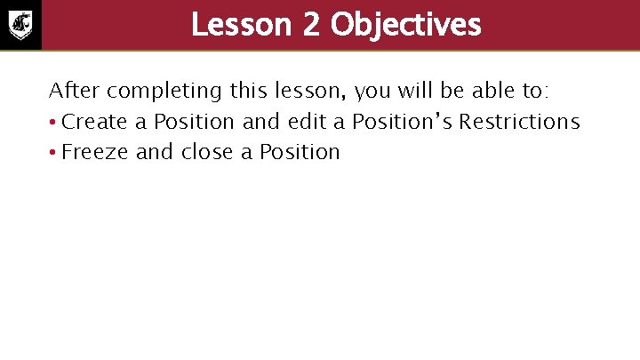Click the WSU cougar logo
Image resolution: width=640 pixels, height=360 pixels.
point(20,24)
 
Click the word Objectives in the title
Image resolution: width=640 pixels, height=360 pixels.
point(405,25)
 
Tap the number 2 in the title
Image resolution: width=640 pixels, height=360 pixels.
point(310,25)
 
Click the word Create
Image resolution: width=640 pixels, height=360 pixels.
point(94,122)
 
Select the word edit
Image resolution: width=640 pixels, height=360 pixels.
point(307,122)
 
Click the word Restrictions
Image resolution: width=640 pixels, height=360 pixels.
point(519,122)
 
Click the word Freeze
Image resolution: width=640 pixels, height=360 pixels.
point(96,152)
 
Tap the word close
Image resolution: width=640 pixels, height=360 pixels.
point(208,152)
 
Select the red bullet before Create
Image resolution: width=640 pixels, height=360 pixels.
point(53,123)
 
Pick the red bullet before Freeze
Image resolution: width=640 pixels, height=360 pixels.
point(53,153)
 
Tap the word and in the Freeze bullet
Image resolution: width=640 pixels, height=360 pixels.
point(155,152)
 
